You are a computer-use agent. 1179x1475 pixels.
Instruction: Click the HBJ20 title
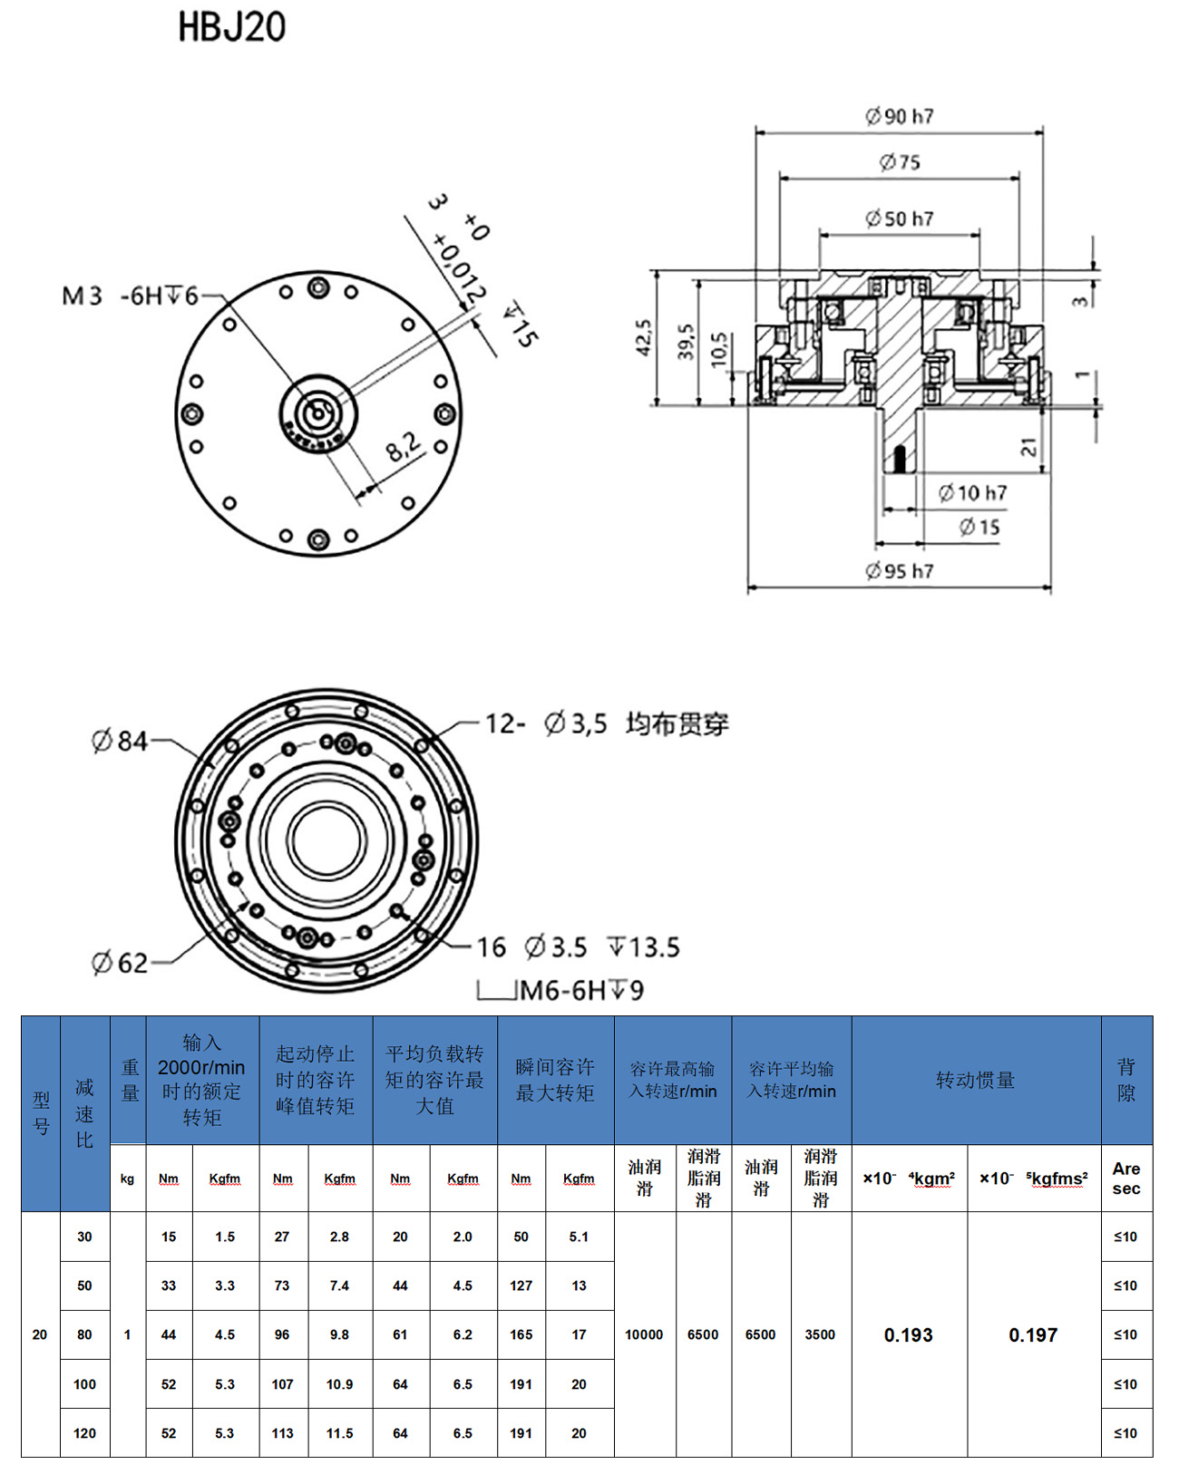[231, 27]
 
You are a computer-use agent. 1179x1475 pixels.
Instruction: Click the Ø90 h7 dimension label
[899, 116]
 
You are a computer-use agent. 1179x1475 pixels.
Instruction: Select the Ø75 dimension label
[899, 162]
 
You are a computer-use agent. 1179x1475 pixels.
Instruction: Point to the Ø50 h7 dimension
[899, 218]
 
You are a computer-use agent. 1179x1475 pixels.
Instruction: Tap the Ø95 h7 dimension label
[899, 570]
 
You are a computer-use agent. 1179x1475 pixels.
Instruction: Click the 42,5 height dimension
[643, 337]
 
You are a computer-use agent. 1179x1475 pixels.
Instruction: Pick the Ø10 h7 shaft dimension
[972, 493]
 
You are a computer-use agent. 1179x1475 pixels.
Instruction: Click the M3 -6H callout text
[130, 296]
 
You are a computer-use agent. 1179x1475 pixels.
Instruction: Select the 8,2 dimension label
[403, 446]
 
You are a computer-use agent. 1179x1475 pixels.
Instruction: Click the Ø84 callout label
[120, 741]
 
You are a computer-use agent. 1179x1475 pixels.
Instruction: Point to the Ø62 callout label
[120, 963]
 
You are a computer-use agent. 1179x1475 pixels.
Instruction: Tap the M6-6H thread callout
[581, 990]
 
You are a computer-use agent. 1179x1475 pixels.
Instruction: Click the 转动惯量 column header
[976, 1080]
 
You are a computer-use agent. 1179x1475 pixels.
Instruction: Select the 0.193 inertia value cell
[908, 1334]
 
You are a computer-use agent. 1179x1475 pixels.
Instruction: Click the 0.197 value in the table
[1033, 1334]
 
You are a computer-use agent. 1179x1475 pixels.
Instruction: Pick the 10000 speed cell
[644, 1334]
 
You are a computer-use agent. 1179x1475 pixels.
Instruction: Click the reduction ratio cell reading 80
[84, 1334]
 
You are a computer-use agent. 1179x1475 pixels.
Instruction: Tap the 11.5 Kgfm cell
[339, 1433]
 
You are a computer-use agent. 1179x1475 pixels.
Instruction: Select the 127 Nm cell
[521, 1286]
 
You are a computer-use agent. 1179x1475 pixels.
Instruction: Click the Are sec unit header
[1126, 1179]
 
